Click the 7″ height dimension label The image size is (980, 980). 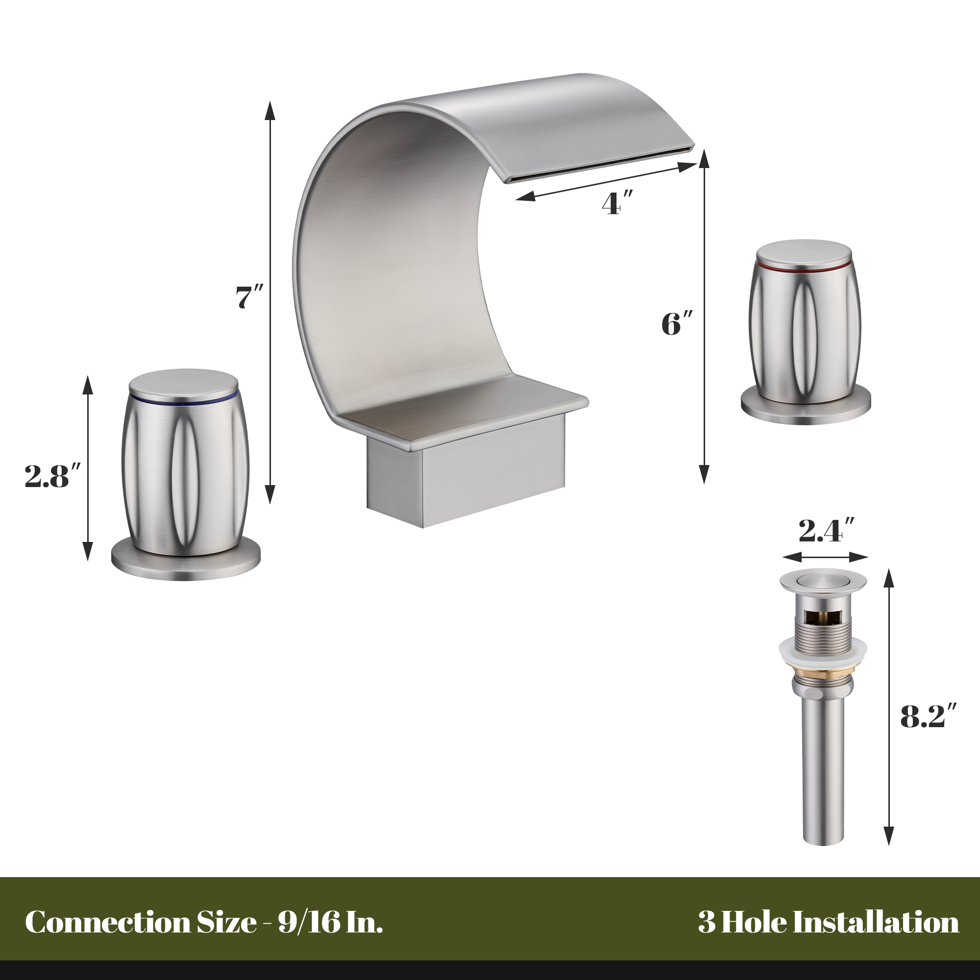click(249, 297)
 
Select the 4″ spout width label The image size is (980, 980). click(617, 204)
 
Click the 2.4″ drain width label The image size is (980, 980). click(826, 531)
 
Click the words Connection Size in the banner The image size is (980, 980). click(140, 922)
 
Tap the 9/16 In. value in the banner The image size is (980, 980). click(330, 922)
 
